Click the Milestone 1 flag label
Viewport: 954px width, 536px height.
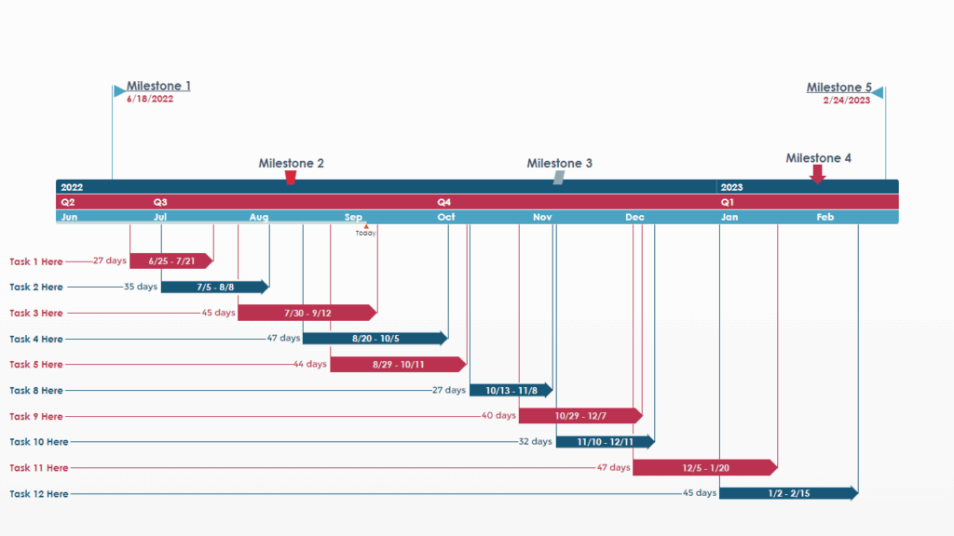point(158,87)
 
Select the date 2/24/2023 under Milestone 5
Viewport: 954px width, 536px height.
point(846,100)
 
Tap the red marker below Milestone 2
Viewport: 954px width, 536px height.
point(291,177)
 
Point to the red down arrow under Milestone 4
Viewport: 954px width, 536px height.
point(817,174)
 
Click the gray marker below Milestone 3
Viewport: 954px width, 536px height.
point(559,177)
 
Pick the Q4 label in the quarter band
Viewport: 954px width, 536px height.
point(444,202)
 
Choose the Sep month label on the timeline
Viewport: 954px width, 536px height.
point(354,218)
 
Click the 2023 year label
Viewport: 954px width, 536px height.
point(731,187)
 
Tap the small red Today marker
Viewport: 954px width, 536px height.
point(366,226)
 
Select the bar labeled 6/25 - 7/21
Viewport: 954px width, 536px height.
point(171,261)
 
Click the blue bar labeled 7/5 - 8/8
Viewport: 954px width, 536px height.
point(214,288)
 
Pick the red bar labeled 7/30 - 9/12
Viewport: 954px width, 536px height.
point(307,313)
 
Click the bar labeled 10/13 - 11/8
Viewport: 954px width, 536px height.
point(511,391)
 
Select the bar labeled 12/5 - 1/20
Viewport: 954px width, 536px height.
point(704,468)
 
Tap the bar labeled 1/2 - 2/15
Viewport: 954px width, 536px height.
point(788,493)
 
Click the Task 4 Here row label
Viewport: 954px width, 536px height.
point(36,340)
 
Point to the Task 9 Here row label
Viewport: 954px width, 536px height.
point(36,417)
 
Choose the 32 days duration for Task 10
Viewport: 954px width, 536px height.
point(535,442)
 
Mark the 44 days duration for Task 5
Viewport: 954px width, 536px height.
point(310,365)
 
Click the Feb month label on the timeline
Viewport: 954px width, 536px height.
point(825,218)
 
